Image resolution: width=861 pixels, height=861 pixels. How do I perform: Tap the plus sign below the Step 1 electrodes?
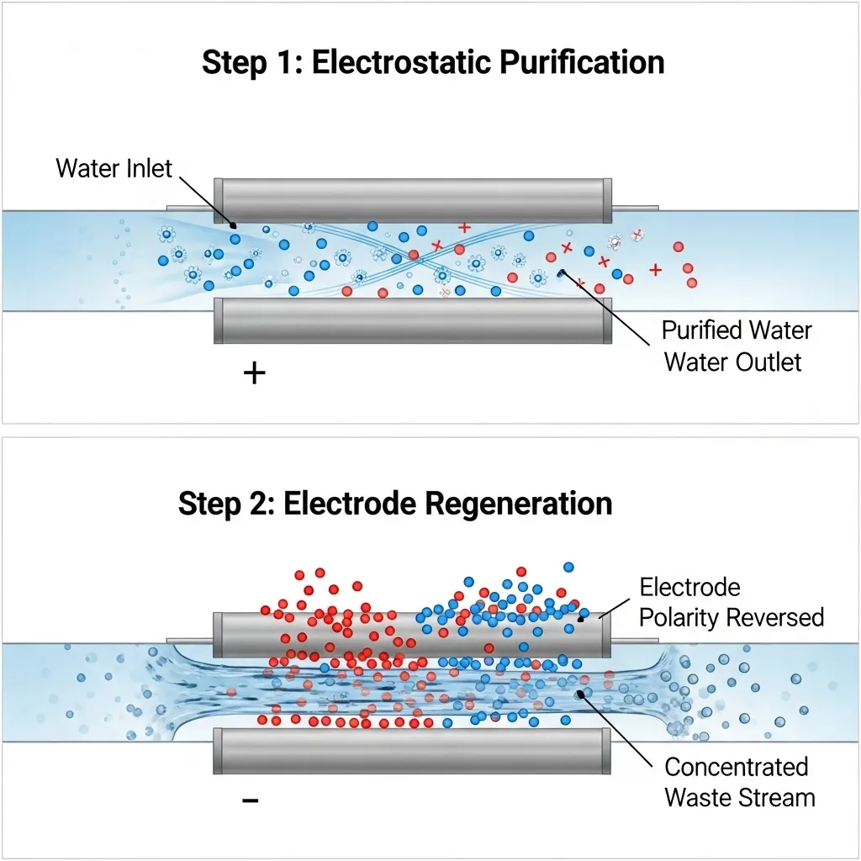(x=254, y=373)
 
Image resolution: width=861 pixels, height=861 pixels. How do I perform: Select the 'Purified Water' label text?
(x=737, y=330)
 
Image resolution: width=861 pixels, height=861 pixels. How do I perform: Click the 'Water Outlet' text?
(x=733, y=362)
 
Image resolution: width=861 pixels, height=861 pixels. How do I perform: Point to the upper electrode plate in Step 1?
(x=412, y=194)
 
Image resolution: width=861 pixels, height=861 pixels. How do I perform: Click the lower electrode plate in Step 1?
(x=412, y=321)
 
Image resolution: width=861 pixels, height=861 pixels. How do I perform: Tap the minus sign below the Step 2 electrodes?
(x=250, y=800)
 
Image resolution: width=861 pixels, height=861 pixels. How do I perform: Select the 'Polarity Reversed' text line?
(x=731, y=617)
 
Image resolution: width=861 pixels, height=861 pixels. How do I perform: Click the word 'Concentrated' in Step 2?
(x=736, y=767)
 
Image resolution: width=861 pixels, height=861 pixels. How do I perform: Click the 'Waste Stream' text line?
(x=739, y=797)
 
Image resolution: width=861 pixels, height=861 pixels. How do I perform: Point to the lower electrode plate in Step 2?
(x=412, y=750)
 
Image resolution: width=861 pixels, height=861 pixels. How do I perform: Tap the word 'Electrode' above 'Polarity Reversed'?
(x=689, y=586)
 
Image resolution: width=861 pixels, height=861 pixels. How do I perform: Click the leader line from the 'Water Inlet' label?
(x=206, y=198)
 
